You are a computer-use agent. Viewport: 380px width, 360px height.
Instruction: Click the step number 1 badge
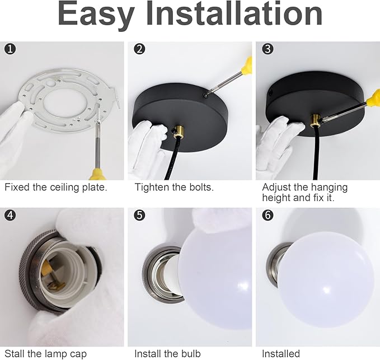10,49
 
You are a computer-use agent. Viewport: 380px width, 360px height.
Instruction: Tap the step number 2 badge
139,49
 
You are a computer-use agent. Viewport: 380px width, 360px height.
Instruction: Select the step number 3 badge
268,49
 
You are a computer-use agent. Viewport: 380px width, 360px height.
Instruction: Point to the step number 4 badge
10,215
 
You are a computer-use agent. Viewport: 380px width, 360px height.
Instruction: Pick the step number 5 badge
139,215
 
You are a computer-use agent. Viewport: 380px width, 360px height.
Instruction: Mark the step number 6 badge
268,215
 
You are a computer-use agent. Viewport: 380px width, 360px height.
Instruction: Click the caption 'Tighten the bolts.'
174,187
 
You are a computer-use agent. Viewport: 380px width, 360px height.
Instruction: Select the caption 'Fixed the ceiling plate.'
56,188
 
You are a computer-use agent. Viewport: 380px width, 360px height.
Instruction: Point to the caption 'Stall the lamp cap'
45,354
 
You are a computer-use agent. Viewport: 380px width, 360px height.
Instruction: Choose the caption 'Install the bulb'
167,354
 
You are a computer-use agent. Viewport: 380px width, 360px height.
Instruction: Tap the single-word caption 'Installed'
281,354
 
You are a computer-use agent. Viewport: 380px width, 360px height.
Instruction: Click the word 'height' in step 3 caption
276,198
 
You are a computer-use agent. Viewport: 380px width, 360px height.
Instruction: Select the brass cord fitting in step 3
315,120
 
